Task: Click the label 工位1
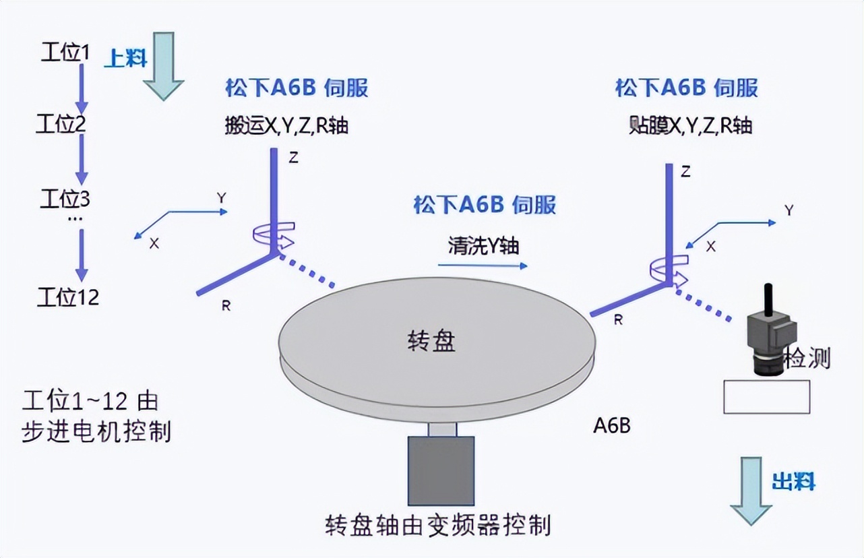65,53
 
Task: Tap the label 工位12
68,297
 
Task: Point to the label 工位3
65,199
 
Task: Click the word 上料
126,59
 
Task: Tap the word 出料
793,482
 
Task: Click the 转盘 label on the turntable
432,341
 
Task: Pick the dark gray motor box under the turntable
441,471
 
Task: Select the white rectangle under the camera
766,396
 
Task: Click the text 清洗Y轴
483,245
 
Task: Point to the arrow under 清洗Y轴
483,266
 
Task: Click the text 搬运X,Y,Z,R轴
286,125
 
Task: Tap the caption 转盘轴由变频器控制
438,524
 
